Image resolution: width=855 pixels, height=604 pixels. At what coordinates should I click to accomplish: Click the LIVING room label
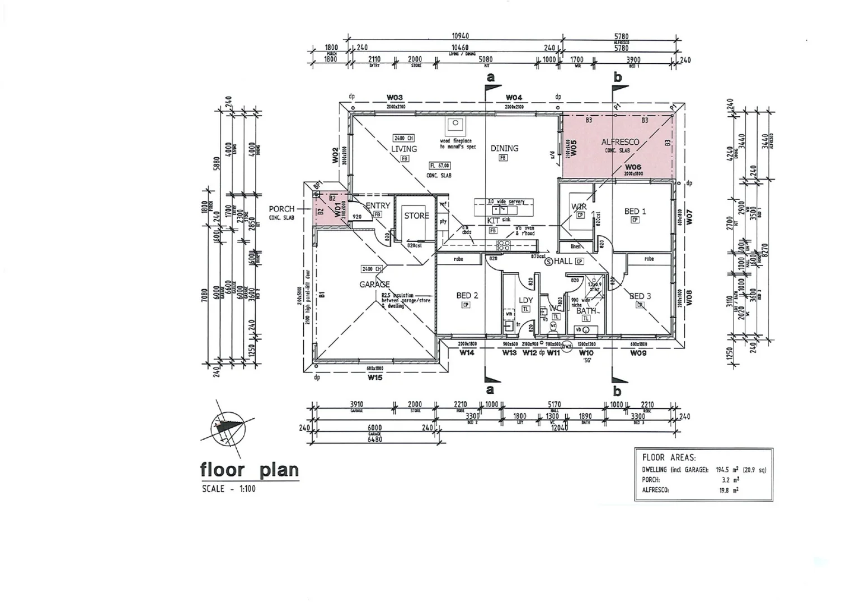point(403,149)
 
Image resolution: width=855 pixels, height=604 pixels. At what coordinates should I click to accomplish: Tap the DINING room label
point(504,148)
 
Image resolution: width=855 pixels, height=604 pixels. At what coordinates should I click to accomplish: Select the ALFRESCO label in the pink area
point(620,142)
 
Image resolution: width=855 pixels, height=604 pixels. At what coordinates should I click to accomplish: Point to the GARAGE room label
point(374,284)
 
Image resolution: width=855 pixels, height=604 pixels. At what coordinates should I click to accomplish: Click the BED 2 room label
point(467,295)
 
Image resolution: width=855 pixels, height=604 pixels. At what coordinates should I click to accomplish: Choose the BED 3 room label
point(640,296)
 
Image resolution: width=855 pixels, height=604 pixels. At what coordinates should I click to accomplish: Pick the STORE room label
point(416,215)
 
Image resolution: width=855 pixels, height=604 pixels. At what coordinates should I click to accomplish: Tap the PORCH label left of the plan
point(281,209)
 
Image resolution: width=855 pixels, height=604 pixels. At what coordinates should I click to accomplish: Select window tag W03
point(394,98)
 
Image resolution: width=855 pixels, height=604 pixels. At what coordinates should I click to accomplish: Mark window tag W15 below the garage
point(375,377)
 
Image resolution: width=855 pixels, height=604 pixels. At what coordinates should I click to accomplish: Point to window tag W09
point(638,353)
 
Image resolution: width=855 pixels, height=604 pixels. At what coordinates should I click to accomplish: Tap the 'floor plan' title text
point(249,470)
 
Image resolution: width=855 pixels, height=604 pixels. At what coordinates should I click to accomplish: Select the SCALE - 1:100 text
point(228,489)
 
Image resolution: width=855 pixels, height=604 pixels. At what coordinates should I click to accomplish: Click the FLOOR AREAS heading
point(669,457)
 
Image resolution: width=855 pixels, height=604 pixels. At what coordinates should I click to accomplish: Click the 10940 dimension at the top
point(460,36)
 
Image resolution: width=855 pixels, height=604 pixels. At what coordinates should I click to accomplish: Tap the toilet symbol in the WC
point(553,325)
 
